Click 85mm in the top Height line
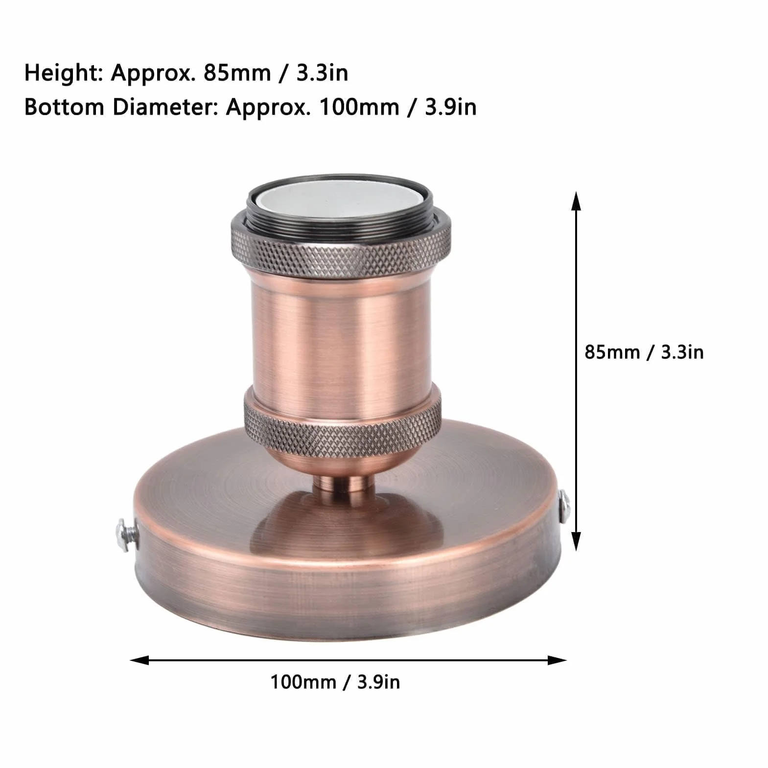[x=237, y=73]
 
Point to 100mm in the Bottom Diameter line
[x=359, y=107]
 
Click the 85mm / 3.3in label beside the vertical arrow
[x=644, y=352]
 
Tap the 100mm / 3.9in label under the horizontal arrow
[x=335, y=681]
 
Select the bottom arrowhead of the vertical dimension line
[x=577, y=542]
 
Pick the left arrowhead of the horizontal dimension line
[x=139, y=660]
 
